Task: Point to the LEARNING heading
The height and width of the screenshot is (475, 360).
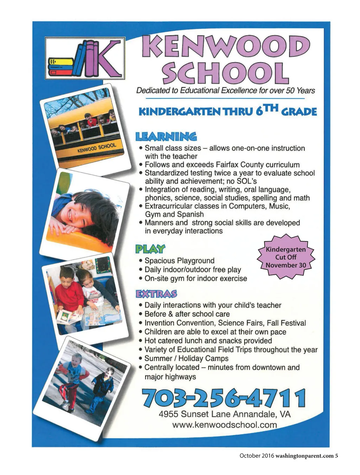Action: (166, 137)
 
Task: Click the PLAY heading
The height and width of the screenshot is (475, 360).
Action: (150, 249)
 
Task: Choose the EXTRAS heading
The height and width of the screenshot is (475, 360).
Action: (156, 294)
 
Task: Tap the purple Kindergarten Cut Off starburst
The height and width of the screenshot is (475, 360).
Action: (285, 257)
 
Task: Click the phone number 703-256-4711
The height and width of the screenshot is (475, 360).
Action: (223, 398)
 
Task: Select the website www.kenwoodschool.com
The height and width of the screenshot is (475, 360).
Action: (224, 425)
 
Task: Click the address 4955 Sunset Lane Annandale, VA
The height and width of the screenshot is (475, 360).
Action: (225, 414)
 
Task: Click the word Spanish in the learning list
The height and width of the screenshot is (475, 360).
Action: (190, 214)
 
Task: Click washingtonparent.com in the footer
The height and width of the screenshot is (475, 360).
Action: (304, 456)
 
